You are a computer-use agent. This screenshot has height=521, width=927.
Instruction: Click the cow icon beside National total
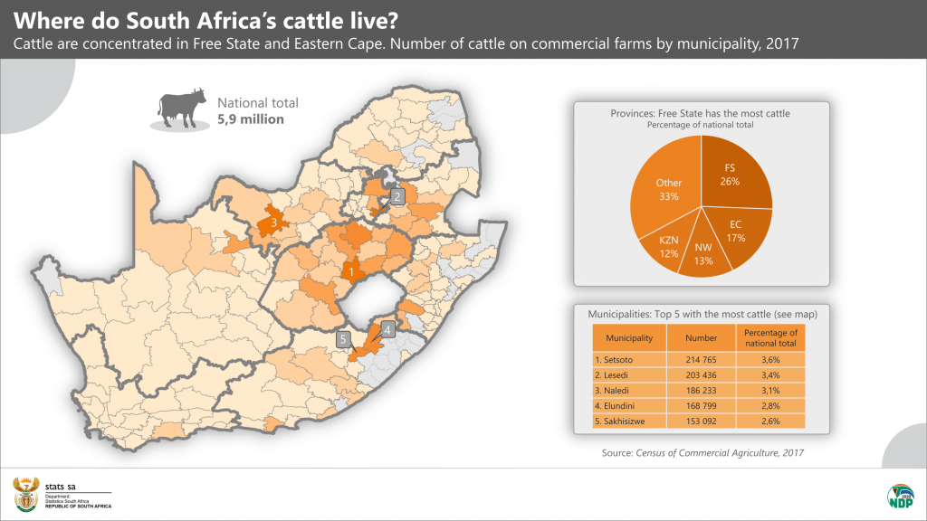(x=178, y=109)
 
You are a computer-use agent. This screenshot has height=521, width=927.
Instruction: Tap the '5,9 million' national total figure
(x=250, y=119)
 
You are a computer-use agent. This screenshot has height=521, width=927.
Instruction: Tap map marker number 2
(x=396, y=196)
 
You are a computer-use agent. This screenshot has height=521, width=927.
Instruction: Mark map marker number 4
(x=387, y=330)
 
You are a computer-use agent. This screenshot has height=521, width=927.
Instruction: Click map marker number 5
(x=343, y=339)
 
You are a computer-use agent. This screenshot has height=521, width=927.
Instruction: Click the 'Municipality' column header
(x=629, y=338)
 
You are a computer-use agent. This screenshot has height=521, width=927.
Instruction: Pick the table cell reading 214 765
(x=701, y=360)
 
